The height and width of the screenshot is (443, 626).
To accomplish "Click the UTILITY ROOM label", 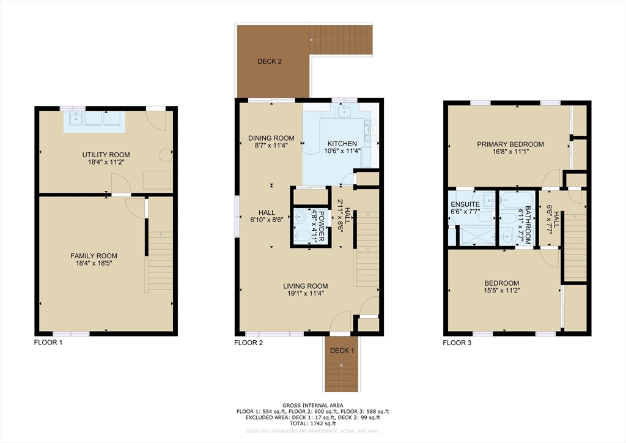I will pos(106,155).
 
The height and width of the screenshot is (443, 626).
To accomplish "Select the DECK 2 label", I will pos(269,61).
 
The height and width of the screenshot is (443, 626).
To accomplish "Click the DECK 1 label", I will pos(342,351).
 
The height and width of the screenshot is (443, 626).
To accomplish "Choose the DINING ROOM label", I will pos(271,138).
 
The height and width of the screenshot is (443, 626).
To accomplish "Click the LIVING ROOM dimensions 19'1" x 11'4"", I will pos(305,294).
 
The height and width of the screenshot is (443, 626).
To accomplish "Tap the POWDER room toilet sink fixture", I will pos(301,217).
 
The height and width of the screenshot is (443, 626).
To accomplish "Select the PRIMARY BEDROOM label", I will pos(510,144).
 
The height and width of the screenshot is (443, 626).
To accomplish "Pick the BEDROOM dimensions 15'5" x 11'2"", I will pos(502,291).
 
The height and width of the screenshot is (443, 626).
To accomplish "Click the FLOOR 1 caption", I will pos(48,343).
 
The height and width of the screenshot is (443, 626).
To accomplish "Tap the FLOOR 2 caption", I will pos(249,343).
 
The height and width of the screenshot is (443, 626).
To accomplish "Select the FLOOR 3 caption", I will pos(457,343).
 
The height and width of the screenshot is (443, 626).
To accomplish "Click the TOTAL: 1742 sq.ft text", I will pos(312,423).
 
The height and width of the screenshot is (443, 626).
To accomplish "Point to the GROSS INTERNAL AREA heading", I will pos(312,405).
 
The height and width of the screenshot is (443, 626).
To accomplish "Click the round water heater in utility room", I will pos(165,155).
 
